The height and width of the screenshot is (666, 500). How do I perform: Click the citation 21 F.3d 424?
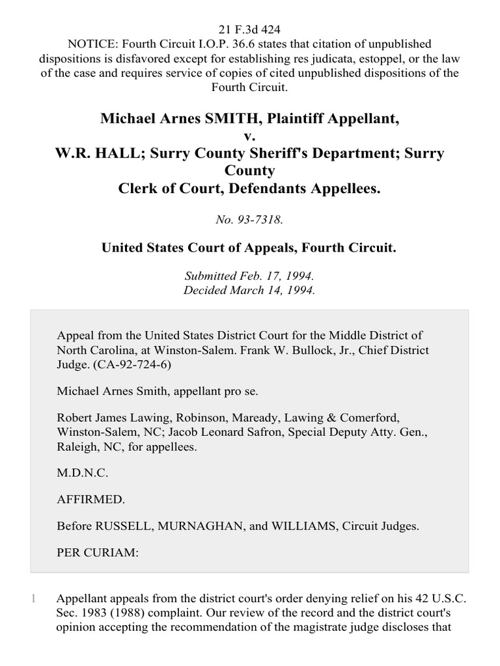250,29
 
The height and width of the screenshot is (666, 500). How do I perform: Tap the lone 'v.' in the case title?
250,137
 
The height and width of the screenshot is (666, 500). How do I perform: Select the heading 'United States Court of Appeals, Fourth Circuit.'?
249,248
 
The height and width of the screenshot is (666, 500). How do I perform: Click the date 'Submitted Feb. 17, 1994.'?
250,276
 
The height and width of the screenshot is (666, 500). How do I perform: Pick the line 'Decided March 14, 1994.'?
250,291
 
